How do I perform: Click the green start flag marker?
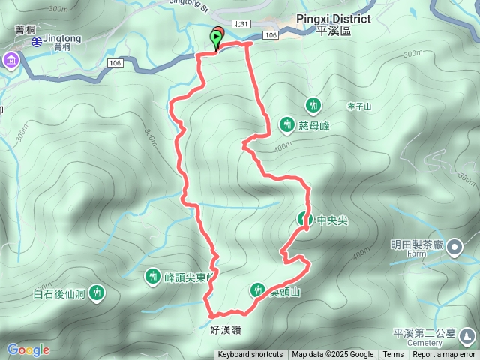coord(217,37)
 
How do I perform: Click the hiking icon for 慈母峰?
coord(286,124)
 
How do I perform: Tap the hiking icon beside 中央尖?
coord(304,220)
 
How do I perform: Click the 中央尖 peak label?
coord(332,221)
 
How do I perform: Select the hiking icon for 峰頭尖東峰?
coord(153,277)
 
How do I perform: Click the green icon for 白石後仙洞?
coord(96,292)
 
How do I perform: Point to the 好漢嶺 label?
coord(226,329)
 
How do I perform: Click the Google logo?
coord(28,349)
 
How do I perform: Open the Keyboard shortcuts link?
coord(250,355)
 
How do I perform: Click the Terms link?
coord(393,355)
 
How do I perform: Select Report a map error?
coord(444,355)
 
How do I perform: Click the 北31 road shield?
coord(241,24)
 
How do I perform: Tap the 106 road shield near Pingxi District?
coord(271,35)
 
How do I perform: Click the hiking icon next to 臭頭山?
coord(257,289)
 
